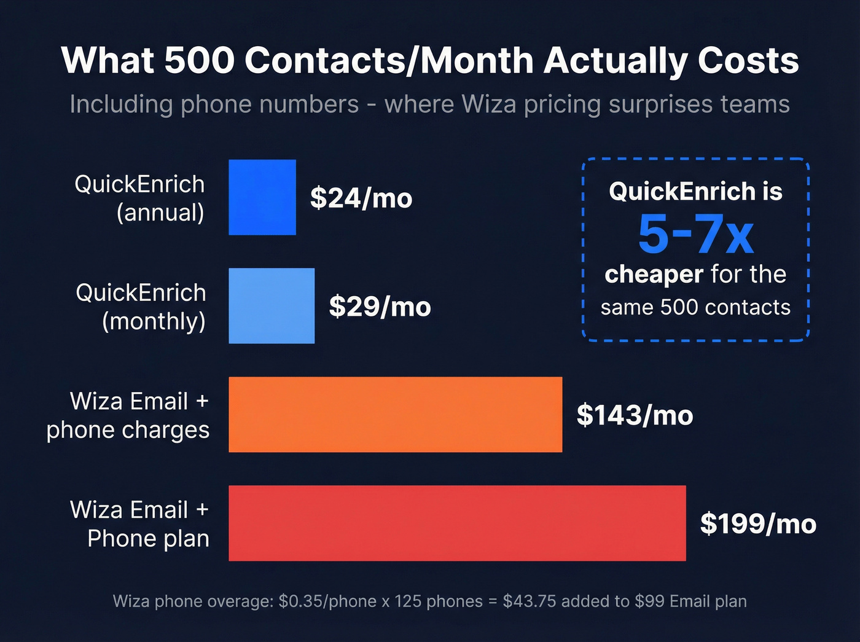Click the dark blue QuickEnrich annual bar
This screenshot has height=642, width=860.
click(262, 197)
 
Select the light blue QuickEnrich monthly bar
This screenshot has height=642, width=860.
click(272, 306)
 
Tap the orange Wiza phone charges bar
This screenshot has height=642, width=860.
click(395, 415)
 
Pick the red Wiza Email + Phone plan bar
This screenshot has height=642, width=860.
click(457, 523)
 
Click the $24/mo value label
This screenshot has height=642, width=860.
click(361, 198)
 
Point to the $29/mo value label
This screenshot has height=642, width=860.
click(380, 307)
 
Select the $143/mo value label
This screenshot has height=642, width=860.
click(635, 415)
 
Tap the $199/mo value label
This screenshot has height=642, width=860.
click(758, 524)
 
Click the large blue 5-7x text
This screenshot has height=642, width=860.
click(695, 235)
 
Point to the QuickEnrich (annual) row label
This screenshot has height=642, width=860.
click(140, 198)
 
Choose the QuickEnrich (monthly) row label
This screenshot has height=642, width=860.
click(141, 307)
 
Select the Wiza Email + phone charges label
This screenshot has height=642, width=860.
click(128, 415)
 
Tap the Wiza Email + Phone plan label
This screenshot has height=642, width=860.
click(140, 524)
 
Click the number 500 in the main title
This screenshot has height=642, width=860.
click(200, 61)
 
